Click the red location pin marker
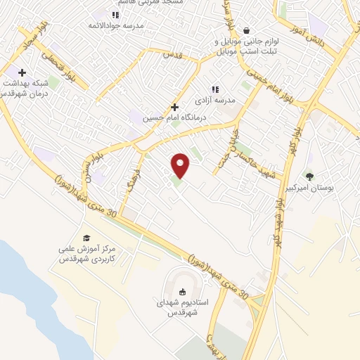pyautogui.click(x=181, y=165)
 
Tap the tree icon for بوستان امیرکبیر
pyautogui.click(x=309, y=176)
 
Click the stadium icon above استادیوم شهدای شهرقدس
pyautogui.click(x=183, y=292)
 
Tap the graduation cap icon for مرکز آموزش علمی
pyautogui.click(x=86, y=238)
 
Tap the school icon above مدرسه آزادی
pyautogui.click(x=215, y=90)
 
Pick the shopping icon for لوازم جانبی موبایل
pyautogui.click(x=247, y=30)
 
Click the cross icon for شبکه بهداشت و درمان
pyautogui.click(x=22, y=72)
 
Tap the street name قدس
pyautogui.click(x=172, y=54)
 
